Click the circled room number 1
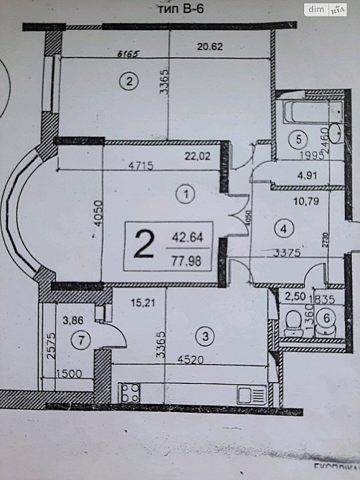186,193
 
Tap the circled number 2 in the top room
128,81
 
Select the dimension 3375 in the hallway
279,252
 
